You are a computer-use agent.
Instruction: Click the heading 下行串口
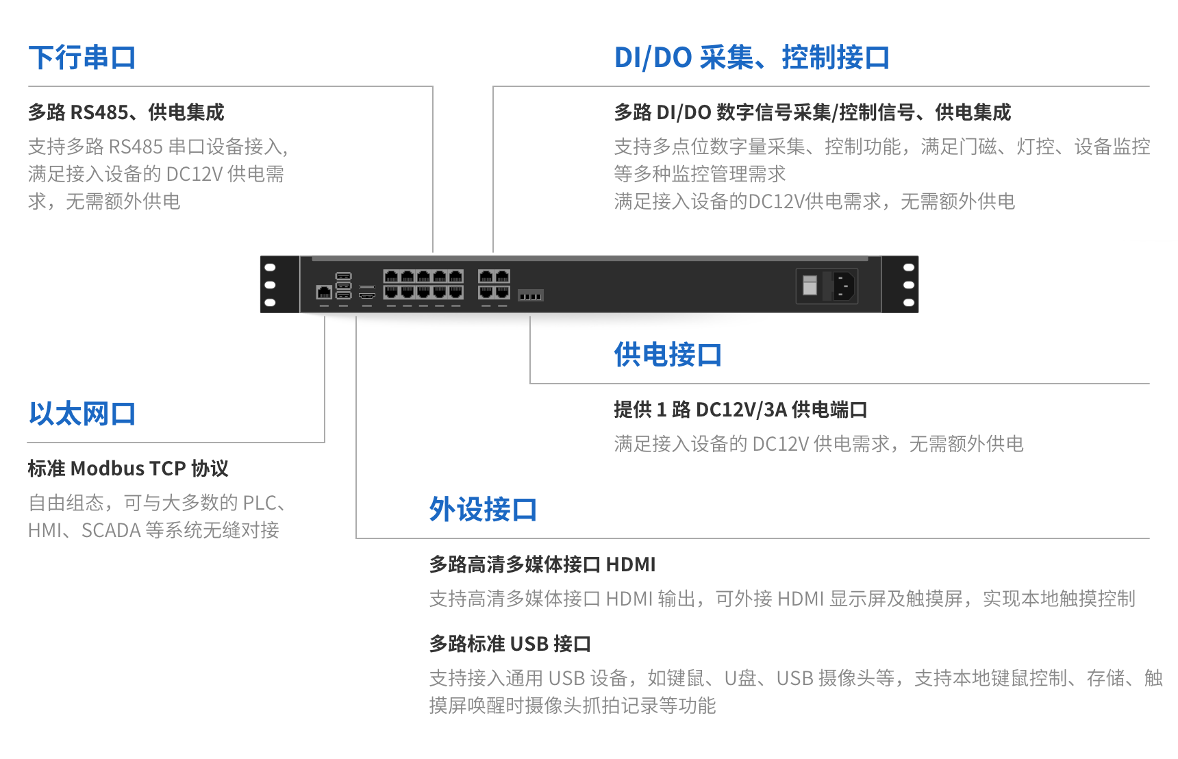(x=82, y=58)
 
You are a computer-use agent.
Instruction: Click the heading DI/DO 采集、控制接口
(x=751, y=58)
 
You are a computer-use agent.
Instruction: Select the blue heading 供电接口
(x=667, y=355)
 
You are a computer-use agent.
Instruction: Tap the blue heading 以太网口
(x=82, y=414)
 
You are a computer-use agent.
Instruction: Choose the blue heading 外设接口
(x=483, y=510)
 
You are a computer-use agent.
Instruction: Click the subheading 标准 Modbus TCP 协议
(x=128, y=469)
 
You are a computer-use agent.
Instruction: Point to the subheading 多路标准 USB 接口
(x=510, y=644)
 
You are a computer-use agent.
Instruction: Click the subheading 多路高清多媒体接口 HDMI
(x=542, y=564)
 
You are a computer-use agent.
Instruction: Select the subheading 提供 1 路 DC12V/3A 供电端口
(x=740, y=410)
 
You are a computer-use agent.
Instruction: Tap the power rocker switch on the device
(x=810, y=285)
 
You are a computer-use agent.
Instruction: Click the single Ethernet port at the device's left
(x=324, y=293)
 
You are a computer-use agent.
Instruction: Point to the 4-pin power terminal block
(x=531, y=295)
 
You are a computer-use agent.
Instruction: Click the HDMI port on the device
(x=367, y=295)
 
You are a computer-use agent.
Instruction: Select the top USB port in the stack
(x=344, y=276)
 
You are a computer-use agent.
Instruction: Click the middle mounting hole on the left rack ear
(x=270, y=285)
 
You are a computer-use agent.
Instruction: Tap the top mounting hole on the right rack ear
(x=909, y=267)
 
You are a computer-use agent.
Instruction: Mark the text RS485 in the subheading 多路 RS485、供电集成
(x=99, y=112)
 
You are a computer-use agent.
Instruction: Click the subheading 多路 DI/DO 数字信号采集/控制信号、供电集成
(x=812, y=112)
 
